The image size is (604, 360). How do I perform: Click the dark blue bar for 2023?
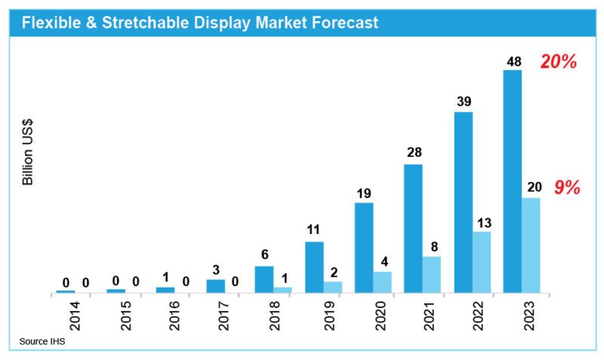click(513, 181)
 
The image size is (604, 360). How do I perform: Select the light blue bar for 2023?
click(531, 245)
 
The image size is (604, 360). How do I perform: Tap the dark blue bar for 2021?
click(413, 228)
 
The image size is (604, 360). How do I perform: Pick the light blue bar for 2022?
click(482, 262)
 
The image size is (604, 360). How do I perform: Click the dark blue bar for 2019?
click(314, 266)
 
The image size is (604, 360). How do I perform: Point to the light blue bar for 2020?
click(383, 282)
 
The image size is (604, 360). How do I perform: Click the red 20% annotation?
click(559, 63)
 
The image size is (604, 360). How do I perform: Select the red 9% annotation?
click(567, 188)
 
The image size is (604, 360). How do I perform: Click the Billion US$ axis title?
click(28, 152)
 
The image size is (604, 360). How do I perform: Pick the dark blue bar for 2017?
click(215, 285)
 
